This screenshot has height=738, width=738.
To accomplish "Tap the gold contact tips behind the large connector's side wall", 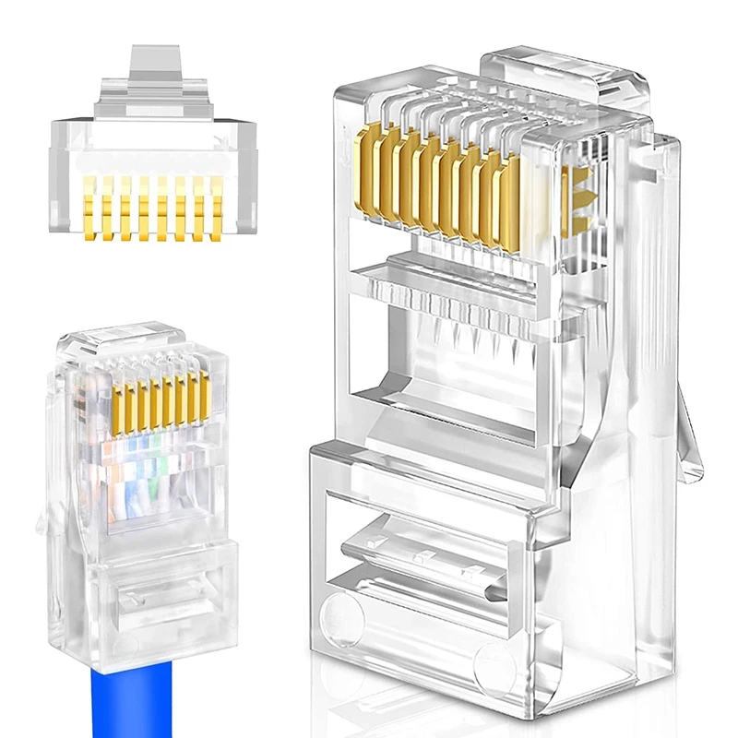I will [576, 203].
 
